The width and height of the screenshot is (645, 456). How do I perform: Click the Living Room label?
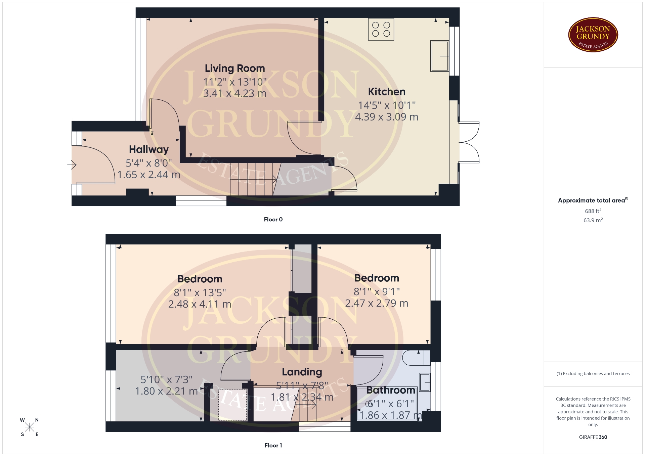[x=235, y=69]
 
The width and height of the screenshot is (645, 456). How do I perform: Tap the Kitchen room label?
[x=387, y=92]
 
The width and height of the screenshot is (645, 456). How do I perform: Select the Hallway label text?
[x=149, y=150]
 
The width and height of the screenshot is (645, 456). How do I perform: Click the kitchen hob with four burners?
[x=381, y=29]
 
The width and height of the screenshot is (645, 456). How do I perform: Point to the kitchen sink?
[x=440, y=56]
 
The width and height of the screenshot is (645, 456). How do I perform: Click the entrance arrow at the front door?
[x=72, y=165]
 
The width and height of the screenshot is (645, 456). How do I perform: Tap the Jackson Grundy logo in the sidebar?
[x=593, y=35]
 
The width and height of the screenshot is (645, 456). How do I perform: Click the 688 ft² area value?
[x=593, y=211]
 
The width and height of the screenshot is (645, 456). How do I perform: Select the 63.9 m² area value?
[x=593, y=220]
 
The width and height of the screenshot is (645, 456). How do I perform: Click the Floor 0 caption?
[x=273, y=219]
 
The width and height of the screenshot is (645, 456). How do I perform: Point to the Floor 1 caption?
[x=273, y=445]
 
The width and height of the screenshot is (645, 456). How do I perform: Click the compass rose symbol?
[x=30, y=427]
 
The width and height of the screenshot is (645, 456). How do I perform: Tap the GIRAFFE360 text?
[x=593, y=437]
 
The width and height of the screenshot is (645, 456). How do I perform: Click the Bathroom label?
[x=391, y=390]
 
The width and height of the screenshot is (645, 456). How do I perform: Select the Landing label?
[x=302, y=372]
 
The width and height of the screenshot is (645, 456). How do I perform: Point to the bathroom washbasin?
[x=425, y=382]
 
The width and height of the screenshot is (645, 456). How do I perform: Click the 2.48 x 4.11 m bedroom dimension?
[x=200, y=304]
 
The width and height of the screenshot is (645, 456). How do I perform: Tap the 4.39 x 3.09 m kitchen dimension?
[x=387, y=117]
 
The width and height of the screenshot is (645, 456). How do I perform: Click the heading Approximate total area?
[x=592, y=200]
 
